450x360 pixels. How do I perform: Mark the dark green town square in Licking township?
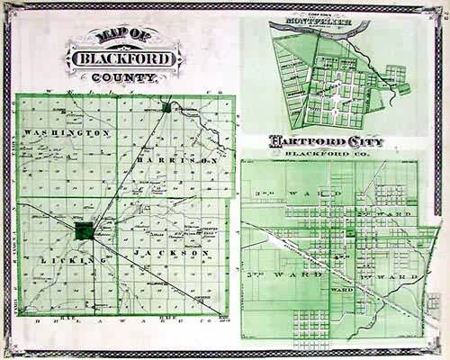(83, 229)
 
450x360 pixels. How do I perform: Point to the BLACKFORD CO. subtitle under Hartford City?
(329, 154)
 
